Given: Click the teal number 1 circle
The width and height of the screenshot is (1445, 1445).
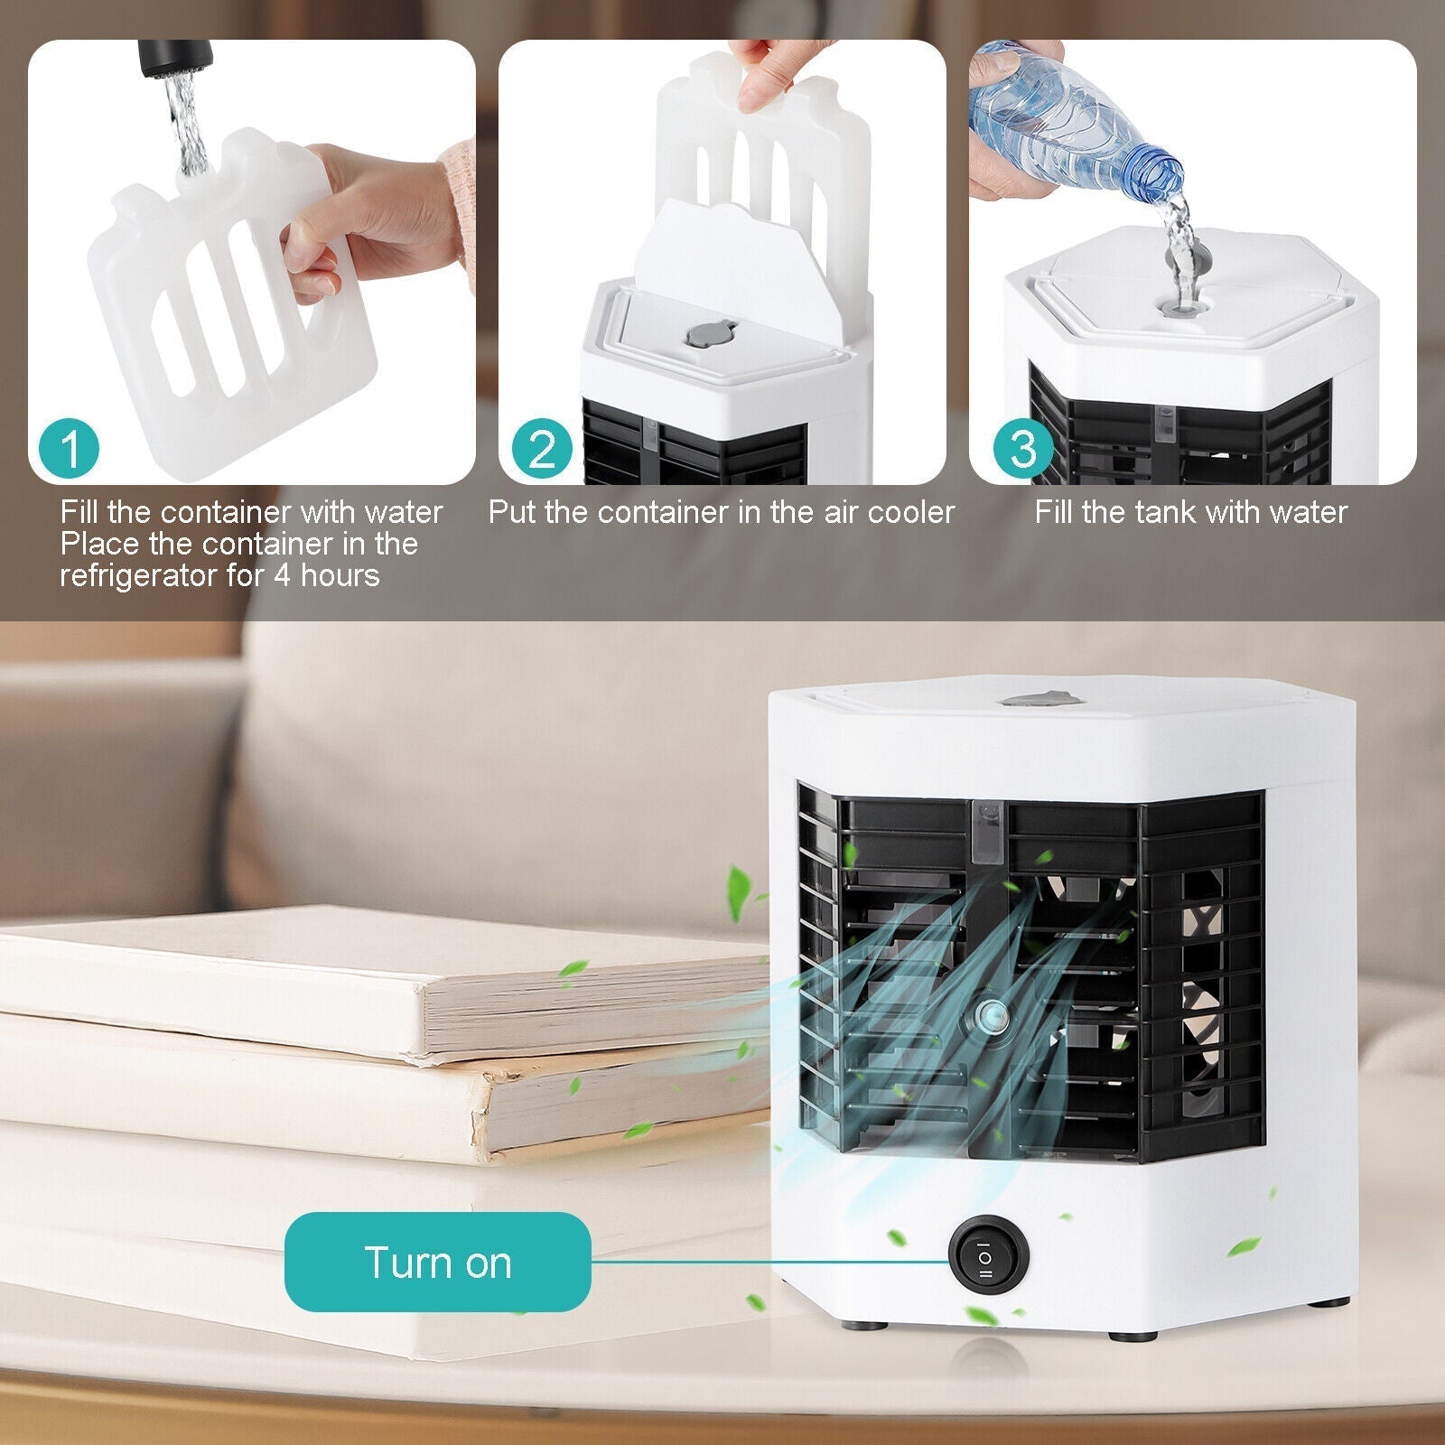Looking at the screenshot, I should [70, 448].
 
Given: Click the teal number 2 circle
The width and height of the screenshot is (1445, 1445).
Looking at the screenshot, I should [542, 448].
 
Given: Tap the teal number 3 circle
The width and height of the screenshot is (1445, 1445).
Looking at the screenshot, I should [1022, 448].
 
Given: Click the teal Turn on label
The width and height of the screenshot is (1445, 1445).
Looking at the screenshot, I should [438, 1262].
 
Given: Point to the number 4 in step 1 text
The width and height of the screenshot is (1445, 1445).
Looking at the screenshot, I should [282, 575].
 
